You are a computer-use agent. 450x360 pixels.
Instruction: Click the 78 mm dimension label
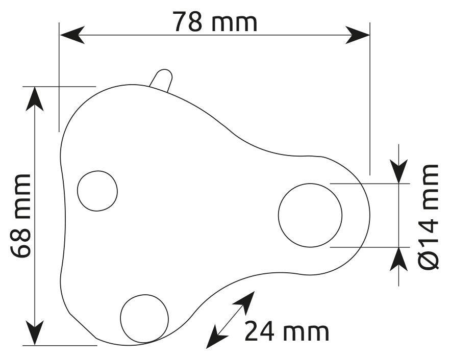coord(215,21)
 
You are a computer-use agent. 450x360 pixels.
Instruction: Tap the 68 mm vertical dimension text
coord(21,216)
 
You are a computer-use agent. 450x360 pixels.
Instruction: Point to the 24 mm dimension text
coord(287,332)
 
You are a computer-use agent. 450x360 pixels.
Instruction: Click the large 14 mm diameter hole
coord(310,215)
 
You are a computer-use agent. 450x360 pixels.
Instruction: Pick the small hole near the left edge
coord(97,191)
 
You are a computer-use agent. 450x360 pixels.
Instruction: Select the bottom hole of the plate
coord(144,319)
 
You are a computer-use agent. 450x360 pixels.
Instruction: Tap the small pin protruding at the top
coord(162,80)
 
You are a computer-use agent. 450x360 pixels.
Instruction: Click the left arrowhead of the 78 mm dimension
coord(71,35)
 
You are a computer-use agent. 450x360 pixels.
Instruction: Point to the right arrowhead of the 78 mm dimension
coord(358,35)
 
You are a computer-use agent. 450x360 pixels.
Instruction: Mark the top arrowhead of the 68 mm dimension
coord(35,97)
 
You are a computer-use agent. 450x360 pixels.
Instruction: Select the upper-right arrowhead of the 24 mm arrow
coord(247,300)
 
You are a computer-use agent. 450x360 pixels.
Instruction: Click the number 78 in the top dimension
coord(187,21)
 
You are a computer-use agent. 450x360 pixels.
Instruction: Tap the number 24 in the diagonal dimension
coord(261,332)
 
